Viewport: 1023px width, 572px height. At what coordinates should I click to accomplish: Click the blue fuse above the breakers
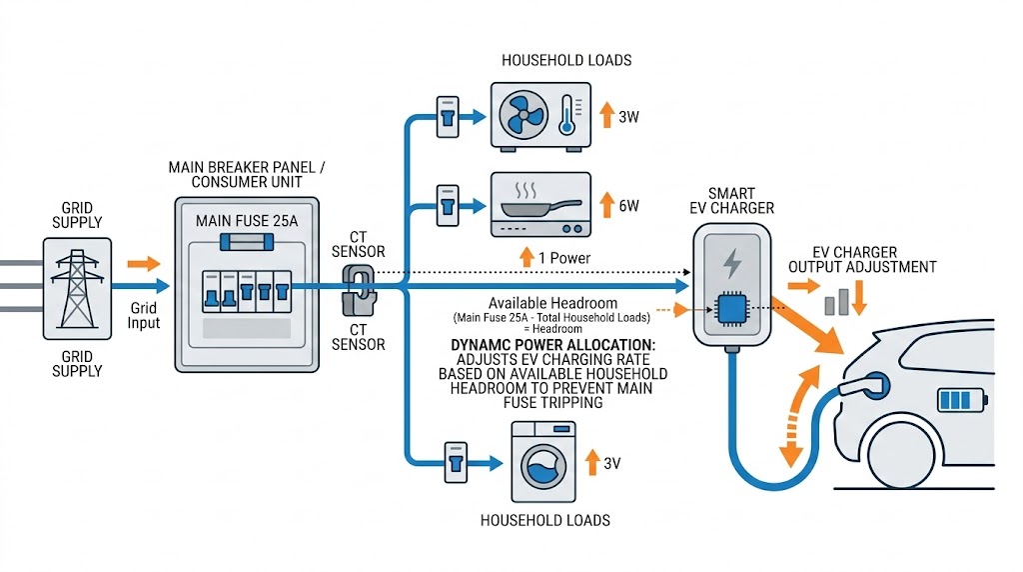click(247, 243)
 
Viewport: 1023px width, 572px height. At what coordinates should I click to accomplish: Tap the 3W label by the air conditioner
click(628, 117)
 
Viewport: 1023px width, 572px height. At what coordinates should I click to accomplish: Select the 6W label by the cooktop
click(628, 206)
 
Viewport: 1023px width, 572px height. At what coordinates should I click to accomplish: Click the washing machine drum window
click(540, 471)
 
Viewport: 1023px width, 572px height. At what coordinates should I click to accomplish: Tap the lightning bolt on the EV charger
click(732, 263)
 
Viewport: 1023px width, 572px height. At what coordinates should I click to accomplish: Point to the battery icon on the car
click(960, 401)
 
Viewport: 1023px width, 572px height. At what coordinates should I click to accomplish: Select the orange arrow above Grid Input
click(144, 264)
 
